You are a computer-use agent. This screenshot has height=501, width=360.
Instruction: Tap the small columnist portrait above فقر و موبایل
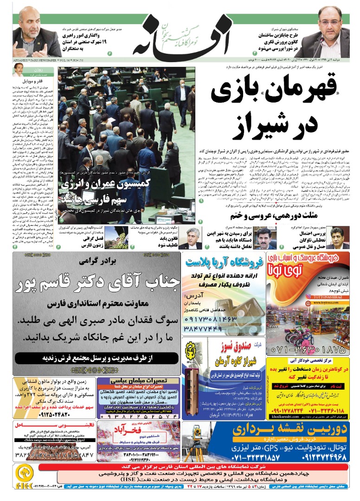click(19, 70)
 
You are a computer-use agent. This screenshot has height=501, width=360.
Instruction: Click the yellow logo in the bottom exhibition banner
click(24, 474)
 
